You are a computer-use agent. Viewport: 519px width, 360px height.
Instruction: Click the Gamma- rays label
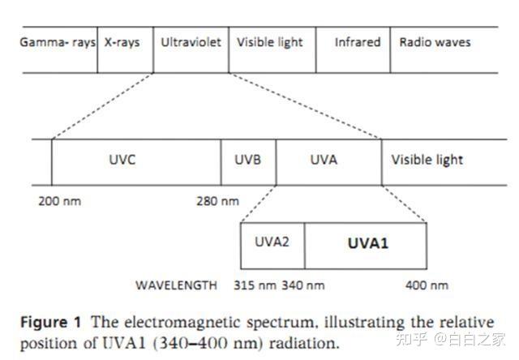tap(58, 43)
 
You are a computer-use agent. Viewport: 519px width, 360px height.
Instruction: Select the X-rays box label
tap(122, 43)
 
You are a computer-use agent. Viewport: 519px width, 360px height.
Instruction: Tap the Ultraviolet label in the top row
tap(191, 42)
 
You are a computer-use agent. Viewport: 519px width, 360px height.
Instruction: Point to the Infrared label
tap(358, 42)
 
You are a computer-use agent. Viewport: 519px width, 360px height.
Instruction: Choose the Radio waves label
tap(435, 42)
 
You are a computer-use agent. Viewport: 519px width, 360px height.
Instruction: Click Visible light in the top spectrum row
tap(270, 43)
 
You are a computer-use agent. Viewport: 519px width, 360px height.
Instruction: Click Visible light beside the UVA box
tap(427, 161)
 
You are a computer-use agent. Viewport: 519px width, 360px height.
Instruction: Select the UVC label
tap(122, 160)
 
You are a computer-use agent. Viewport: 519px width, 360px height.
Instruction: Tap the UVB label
tap(247, 160)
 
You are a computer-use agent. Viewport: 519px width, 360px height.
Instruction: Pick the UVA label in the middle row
tap(324, 160)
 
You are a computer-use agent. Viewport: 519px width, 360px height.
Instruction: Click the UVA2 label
tap(272, 242)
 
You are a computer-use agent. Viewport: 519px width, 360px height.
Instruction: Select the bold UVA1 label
tap(367, 243)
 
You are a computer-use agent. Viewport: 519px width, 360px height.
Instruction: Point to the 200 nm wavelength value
tap(59, 201)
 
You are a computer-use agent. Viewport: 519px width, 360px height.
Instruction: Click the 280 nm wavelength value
tap(217, 201)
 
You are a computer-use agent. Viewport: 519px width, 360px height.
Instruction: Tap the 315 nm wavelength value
tap(255, 285)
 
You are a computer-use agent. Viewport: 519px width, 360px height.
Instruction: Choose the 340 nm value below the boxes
tap(302, 285)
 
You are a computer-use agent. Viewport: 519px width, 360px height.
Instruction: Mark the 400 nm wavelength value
tap(427, 285)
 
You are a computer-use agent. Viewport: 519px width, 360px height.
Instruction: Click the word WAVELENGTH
tap(176, 285)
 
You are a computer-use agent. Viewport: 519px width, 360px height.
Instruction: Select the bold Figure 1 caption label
tap(50, 322)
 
